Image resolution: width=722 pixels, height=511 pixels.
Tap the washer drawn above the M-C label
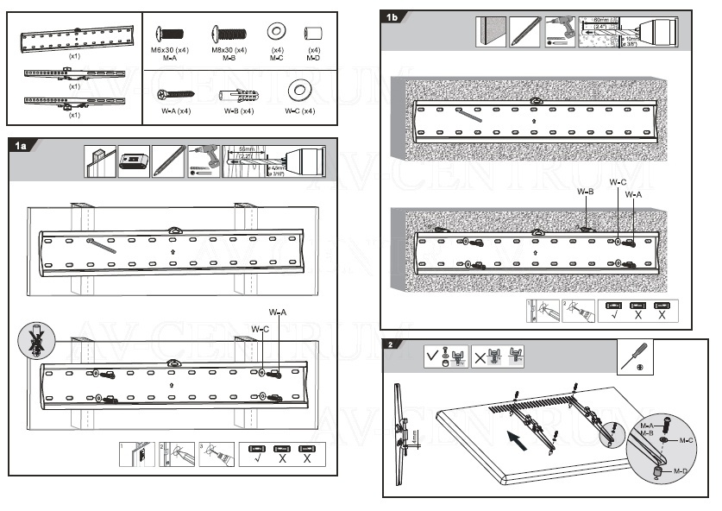pyautogui.click(x=277, y=32)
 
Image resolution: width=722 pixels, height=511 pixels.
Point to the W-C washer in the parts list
pyautogui.click(x=301, y=89)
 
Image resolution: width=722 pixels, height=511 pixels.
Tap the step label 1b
pyautogui.click(x=392, y=18)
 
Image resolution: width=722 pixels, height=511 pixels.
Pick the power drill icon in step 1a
pyautogui.click(x=204, y=161)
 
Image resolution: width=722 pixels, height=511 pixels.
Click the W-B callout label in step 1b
pyautogui.click(x=586, y=192)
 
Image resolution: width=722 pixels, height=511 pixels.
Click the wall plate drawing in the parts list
pyautogui.click(x=76, y=40)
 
